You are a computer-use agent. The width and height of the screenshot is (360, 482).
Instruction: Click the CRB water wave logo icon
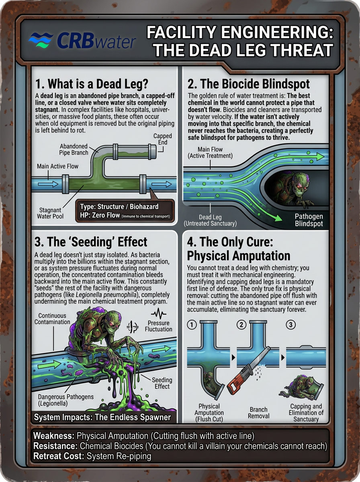[41, 41]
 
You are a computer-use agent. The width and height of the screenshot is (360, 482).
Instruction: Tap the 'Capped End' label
[163, 139]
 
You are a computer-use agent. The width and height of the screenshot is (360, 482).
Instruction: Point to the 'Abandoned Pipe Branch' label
[74, 149]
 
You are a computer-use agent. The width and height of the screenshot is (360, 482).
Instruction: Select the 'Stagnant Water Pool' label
[50, 213]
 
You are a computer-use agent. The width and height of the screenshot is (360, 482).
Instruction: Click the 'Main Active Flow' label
[57, 166]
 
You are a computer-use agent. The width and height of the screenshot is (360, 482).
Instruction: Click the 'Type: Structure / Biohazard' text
[119, 206]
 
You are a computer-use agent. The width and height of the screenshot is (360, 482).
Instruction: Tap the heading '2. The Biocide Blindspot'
[248, 84]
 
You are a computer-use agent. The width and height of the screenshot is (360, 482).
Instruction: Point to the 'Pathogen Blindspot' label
[309, 220]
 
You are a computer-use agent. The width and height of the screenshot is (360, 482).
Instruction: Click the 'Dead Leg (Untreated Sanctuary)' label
[210, 220]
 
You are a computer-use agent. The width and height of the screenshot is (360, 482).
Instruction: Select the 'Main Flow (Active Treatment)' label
[210, 152]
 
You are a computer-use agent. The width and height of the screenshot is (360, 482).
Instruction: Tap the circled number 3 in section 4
[291, 324]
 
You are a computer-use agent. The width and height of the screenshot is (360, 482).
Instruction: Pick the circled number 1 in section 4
[192, 324]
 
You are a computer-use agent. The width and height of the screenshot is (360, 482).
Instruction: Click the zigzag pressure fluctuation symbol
[159, 313]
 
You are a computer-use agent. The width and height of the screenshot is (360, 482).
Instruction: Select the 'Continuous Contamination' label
[52, 319]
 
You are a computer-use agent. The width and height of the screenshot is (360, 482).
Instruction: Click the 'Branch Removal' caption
[258, 413]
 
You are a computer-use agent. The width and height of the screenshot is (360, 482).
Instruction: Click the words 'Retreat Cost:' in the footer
[59, 456]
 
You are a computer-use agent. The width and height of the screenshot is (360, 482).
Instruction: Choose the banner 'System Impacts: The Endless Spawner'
[102, 417]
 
